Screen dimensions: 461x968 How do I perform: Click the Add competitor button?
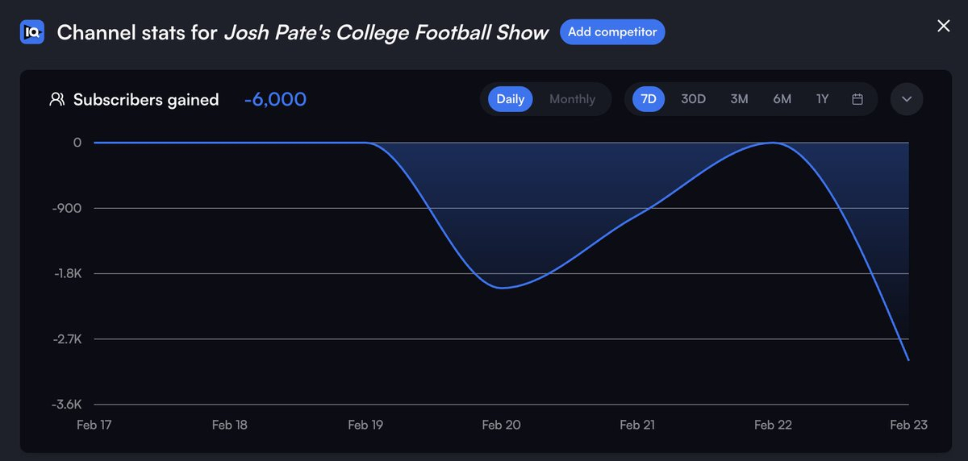[x=612, y=32]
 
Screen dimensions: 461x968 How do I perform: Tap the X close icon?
[x=943, y=26]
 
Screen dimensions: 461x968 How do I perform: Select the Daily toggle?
[x=510, y=99]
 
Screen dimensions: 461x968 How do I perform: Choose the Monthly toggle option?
[x=572, y=99]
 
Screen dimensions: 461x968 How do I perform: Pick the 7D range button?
[x=649, y=99]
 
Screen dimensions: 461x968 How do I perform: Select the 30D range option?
[x=693, y=99]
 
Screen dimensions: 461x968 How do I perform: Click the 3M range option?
[x=739, y=99]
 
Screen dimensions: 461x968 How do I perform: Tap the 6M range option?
[x=782, y=99]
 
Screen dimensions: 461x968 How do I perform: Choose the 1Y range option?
[x=822, y=99]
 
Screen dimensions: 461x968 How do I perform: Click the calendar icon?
[x=857, y=99]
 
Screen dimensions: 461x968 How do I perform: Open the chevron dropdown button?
[x=907, y=99]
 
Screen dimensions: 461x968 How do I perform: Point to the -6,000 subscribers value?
[x=275, y=99]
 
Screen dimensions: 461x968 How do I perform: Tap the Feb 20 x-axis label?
[x=501, y=426]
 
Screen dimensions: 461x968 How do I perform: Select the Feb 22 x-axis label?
[x=772, y=426]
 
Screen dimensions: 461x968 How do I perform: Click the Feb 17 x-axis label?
[x=94, y=426]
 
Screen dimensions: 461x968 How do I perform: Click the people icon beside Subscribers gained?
[x=56, y=99]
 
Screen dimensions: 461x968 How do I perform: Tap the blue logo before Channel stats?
[x=32, y=32]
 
